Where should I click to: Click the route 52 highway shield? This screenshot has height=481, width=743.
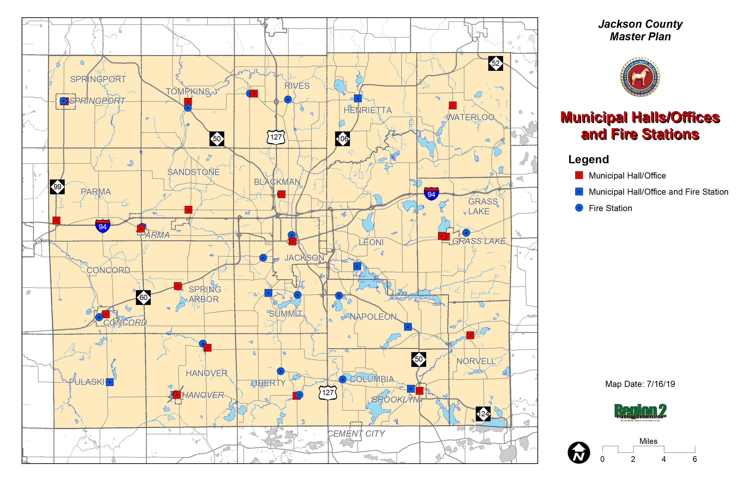[x=495, y=63]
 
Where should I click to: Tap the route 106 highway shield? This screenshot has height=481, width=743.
[x=342, y=139]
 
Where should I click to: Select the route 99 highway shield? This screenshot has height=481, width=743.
[x=57, y=187]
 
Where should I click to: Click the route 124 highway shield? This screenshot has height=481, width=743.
[x=483, y=414]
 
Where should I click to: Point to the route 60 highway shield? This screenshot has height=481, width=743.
[x=143, y=297]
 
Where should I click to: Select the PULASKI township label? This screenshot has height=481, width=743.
[x=87, y=382]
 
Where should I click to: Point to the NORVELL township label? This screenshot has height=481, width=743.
[x=476, y=361]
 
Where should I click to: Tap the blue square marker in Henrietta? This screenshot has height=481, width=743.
[x=358, y=98]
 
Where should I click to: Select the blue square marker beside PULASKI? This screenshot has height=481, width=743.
[x=109, y=382]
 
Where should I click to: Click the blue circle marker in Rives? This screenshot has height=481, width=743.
[x=288, y=100]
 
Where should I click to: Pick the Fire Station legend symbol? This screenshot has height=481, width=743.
[x=579, y=208]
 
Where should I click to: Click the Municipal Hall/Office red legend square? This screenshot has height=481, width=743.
[x=579, y=175]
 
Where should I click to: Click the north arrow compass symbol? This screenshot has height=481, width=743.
[x=578, y=453]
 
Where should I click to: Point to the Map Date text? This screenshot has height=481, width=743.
[x=640, y=384]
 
